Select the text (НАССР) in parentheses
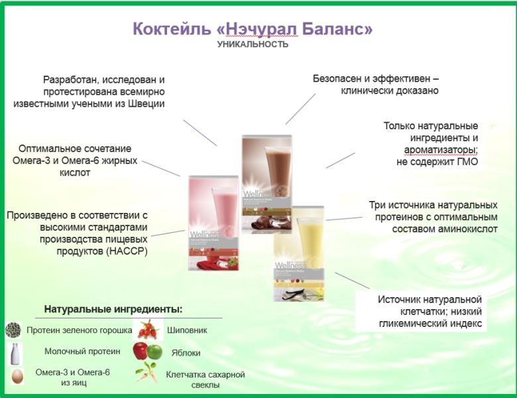click(x=125, y=251)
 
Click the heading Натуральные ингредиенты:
click(x=113, y=309)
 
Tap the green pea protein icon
click(x=13, y=330)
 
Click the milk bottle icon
click(x=13, y=352)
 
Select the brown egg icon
click(x=15, y=376)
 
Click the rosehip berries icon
click(x=147, y=328)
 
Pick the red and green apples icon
click(x=147, y=351)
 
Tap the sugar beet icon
click(x=147, y=373)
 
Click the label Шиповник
click(x=187, y=330)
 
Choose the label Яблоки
click(x=186, y=353)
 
